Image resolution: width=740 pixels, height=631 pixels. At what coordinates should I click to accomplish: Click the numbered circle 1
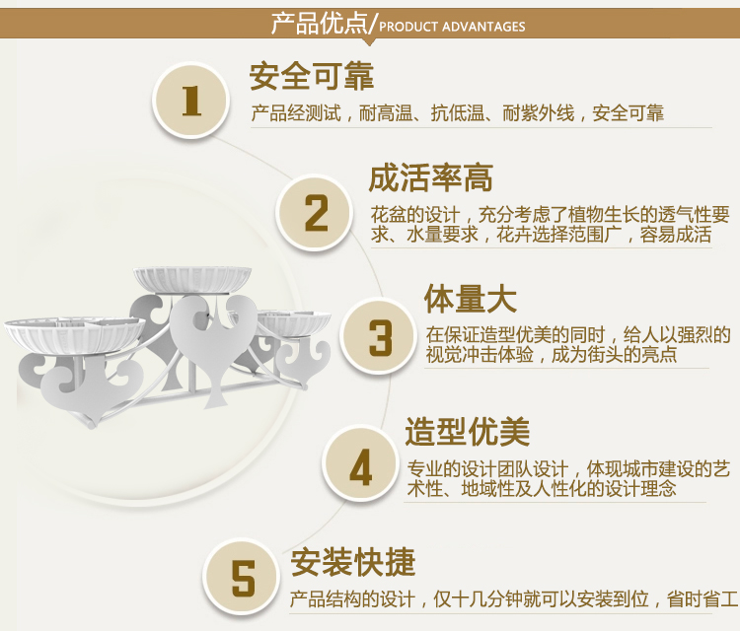pyautogui.click(x=190, y=101)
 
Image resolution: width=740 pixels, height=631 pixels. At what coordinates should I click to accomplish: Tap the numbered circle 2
pyautogui.click(x=315, y=213)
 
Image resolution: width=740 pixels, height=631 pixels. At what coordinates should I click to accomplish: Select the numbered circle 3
pyautogui.click(x=379, y=336)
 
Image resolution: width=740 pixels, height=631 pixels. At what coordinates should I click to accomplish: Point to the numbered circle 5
pyautogui.click(x=243, y=577)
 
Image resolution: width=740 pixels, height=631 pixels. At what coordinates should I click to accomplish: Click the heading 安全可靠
pyautogui.click(x=312, y=76)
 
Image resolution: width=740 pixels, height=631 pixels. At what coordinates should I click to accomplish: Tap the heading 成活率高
pyautogui.click(x=431, y=178)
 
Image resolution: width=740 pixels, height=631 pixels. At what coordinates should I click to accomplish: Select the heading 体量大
pyautogui.click(x=471, y=299)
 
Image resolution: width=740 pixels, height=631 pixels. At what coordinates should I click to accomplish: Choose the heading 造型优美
pyautogui.click(x=468, y=432)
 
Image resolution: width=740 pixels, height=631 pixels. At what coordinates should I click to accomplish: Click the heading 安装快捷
pyautogui.click(x=353, y=562)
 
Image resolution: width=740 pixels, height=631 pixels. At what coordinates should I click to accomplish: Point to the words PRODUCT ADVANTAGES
pyautogui.click(x=452, y=27)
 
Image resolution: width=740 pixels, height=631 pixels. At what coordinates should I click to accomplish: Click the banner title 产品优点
pyautogui.click(x=319, y=23)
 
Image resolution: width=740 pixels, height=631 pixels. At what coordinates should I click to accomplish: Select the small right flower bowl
pyautogui.click(x=294, y=322)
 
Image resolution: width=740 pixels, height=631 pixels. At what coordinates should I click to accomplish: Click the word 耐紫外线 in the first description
pyautogui.click(x=538, y=113)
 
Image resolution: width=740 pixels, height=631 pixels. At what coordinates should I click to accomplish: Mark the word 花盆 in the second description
pyautogui.click(x=388, y=215)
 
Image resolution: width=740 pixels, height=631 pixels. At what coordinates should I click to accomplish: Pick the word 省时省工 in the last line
pyautogui.click(x=703, y=599)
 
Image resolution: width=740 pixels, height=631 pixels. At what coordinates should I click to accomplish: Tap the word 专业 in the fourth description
pyautogui.click(x=424, y=469)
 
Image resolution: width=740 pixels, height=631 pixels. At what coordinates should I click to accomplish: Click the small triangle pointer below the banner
pyautogui.click(x=370, y=42)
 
